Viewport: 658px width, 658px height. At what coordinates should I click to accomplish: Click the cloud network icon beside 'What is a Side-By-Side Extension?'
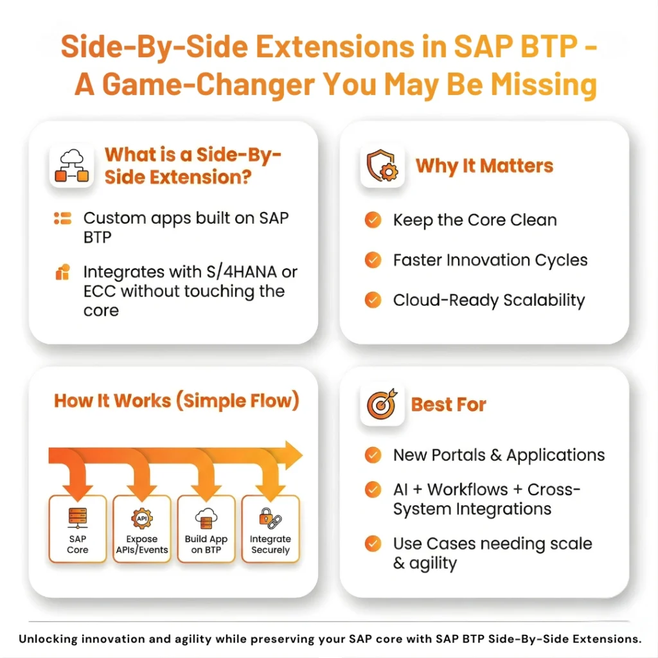pyautogui.click(x=72, y=166)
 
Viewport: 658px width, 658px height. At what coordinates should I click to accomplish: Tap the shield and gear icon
pyautogui.click(x=382, y=165)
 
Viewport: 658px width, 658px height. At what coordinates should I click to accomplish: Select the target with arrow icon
pyautogui.click(x=382, y=404)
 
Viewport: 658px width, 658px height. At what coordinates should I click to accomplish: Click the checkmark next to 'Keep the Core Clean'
pyautogui.click(x=373, y=220)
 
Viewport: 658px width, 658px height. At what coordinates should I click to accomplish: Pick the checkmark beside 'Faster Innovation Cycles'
pyautogui.click(x=373, y=260)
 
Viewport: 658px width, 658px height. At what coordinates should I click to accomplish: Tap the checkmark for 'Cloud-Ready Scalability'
pyautogui.click(x=373, y=300)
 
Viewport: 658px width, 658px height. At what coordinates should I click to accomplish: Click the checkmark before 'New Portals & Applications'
pyautogui.click(x=373, y=455)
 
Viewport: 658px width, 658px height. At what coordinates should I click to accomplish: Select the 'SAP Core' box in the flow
pyautogui.click(x=78, y=529)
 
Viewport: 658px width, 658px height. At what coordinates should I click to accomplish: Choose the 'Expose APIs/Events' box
pyautogui.click(x=142, y=529)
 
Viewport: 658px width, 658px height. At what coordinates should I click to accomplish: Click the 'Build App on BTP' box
pyautogui.click(x=206, y=529)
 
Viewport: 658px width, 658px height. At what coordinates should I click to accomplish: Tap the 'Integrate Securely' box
pyautogui.click(x=271, y=529)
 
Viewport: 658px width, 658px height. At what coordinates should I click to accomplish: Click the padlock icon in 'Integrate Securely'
pyautogui.click(x=265, y=516)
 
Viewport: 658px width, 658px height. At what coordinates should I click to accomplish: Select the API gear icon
pyautogui.click(x=142, y=519)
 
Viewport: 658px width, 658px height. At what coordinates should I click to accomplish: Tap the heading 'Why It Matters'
pyautogui.click(x=485, y=166)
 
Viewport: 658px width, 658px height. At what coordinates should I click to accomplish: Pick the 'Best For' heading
pyautogui.click(x=449, y=405)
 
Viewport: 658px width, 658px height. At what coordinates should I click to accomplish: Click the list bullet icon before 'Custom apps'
pyautogui.click(x=62, y=218)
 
